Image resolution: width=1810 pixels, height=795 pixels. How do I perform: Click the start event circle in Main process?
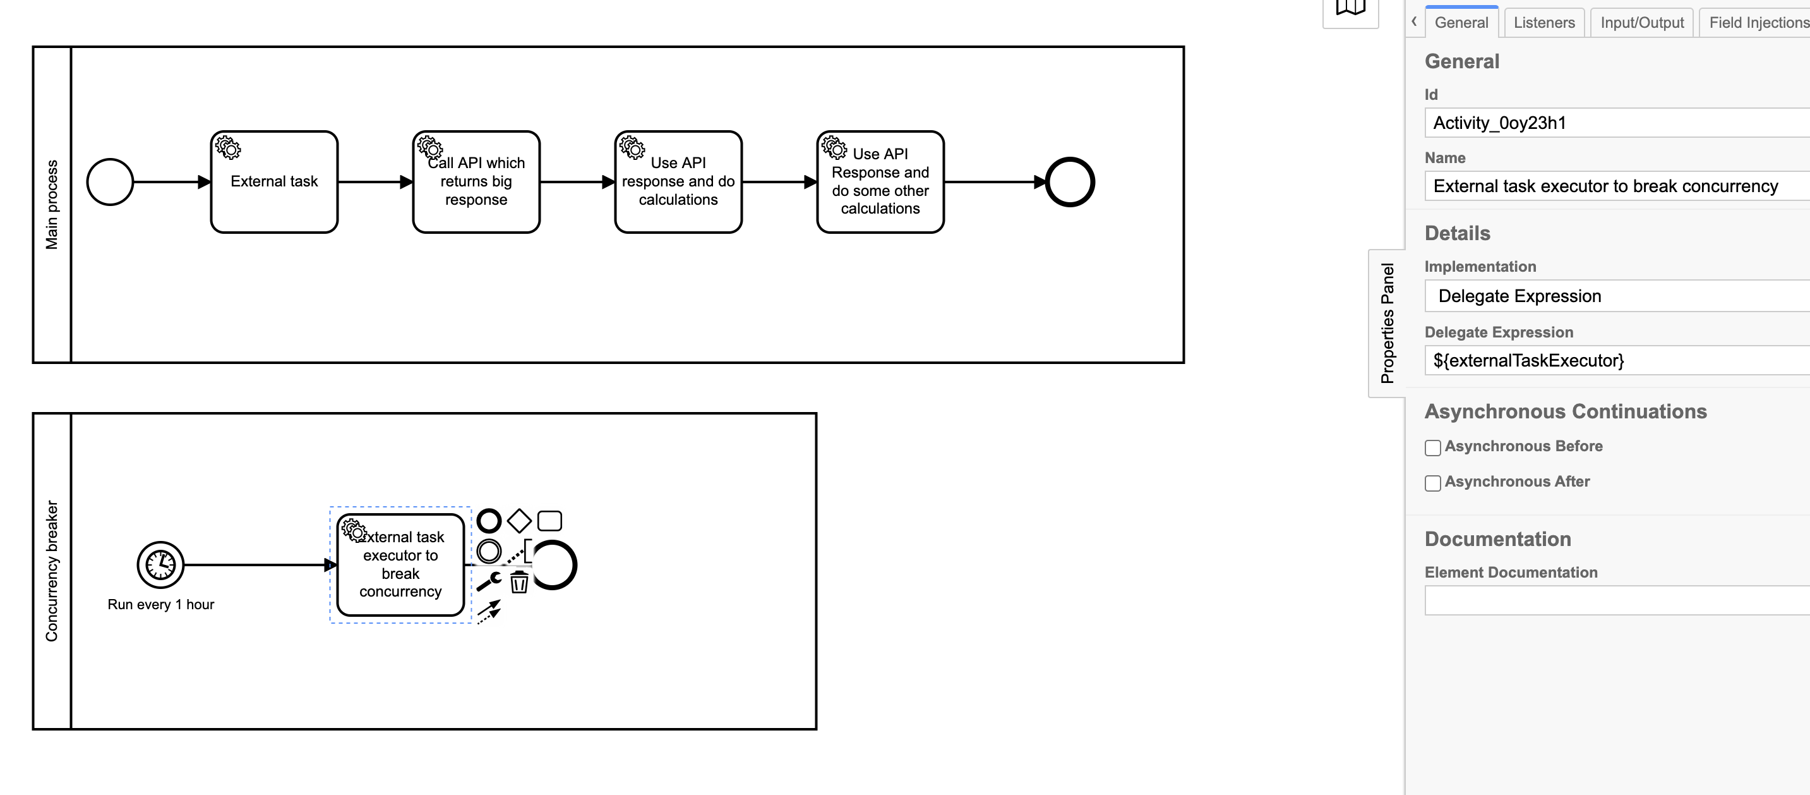point(110,182)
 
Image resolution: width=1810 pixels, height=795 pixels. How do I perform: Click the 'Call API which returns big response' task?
point(476,182)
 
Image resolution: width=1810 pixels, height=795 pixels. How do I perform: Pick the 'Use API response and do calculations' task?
point(678,182)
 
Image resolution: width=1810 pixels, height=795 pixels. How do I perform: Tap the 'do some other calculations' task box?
point(880,182)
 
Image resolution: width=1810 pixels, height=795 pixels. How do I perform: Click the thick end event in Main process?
point(1069,182)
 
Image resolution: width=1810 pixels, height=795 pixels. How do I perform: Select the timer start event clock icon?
point(160,564)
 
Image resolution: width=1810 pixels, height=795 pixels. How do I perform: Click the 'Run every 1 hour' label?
point(161,605)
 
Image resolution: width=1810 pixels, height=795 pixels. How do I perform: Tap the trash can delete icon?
point(519,582)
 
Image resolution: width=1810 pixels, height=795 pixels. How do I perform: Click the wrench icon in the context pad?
point(489,581)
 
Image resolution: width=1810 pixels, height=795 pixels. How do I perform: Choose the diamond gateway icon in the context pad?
point(519,521)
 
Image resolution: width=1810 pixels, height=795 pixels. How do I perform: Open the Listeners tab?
point(1543,23)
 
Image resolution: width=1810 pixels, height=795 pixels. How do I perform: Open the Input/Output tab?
point(1641,23)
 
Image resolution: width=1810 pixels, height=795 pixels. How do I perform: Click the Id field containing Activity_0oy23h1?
point(1616,123)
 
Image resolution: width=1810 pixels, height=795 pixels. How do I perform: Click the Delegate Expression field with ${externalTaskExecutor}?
point(1616,361)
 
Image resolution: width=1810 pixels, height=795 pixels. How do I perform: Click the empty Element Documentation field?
point(1616,601)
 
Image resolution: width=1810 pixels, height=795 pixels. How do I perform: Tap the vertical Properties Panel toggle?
point(1386,324)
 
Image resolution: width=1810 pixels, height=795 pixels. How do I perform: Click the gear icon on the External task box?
point(227,148)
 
